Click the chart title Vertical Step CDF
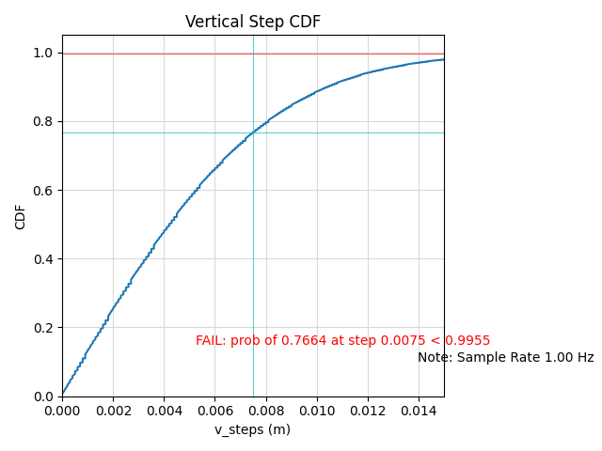point(252,22)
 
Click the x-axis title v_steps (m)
point(252,429)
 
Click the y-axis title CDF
point(21,216)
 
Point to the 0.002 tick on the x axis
point(113,411)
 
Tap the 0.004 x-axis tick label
point(164,411)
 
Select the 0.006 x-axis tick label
point(214,411)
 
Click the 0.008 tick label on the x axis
point(265,411)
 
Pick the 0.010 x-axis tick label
point(316,411)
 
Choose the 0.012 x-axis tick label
point(368,411)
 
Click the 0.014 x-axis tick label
point(419,411)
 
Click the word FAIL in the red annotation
point(211,341)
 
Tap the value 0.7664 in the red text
point(302,341)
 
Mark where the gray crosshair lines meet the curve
point(253,132)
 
